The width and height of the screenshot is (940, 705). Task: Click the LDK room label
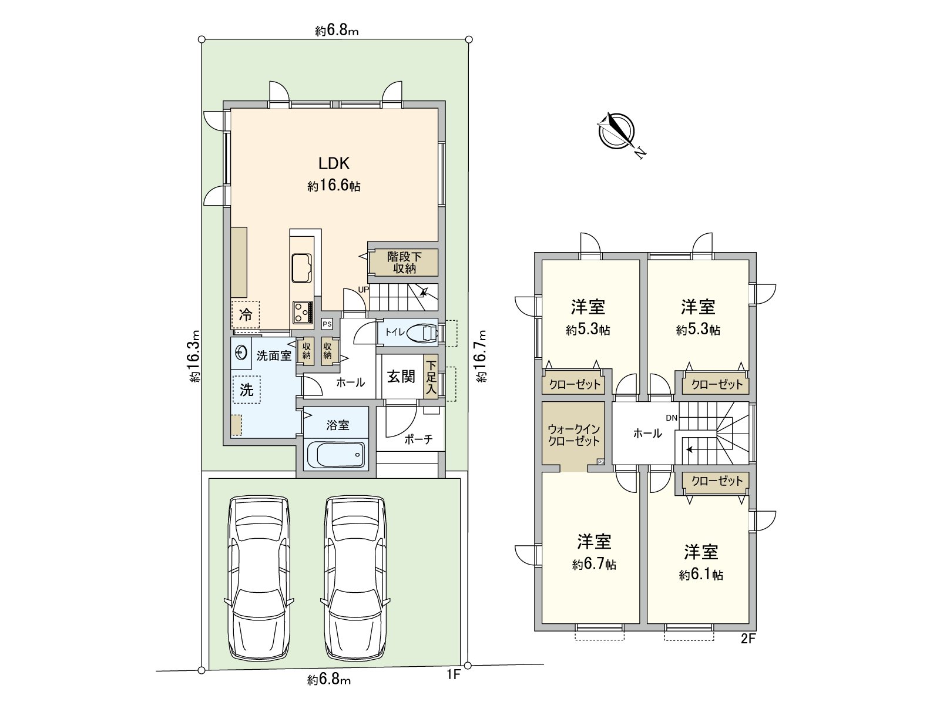click(334, 163)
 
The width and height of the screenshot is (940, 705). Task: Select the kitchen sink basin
click(301, 267)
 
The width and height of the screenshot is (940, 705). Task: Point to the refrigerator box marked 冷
click(246, 315)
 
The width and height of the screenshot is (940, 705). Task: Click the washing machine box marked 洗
click(247, 389)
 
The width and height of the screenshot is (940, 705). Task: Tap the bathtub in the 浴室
click(336, 455)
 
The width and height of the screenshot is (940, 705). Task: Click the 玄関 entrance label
click(401, 377)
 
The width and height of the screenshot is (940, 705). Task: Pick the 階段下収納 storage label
click(405, 263)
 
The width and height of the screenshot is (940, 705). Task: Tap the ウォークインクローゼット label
click(573, 435)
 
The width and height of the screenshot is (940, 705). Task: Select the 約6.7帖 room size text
click(594, 565)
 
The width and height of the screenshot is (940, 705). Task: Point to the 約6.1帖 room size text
click(701, 575)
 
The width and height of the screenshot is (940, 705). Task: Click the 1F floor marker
click(452, 676)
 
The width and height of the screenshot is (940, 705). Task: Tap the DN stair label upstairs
click(672, 418)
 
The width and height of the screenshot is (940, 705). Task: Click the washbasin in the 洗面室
click(241, 353)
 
